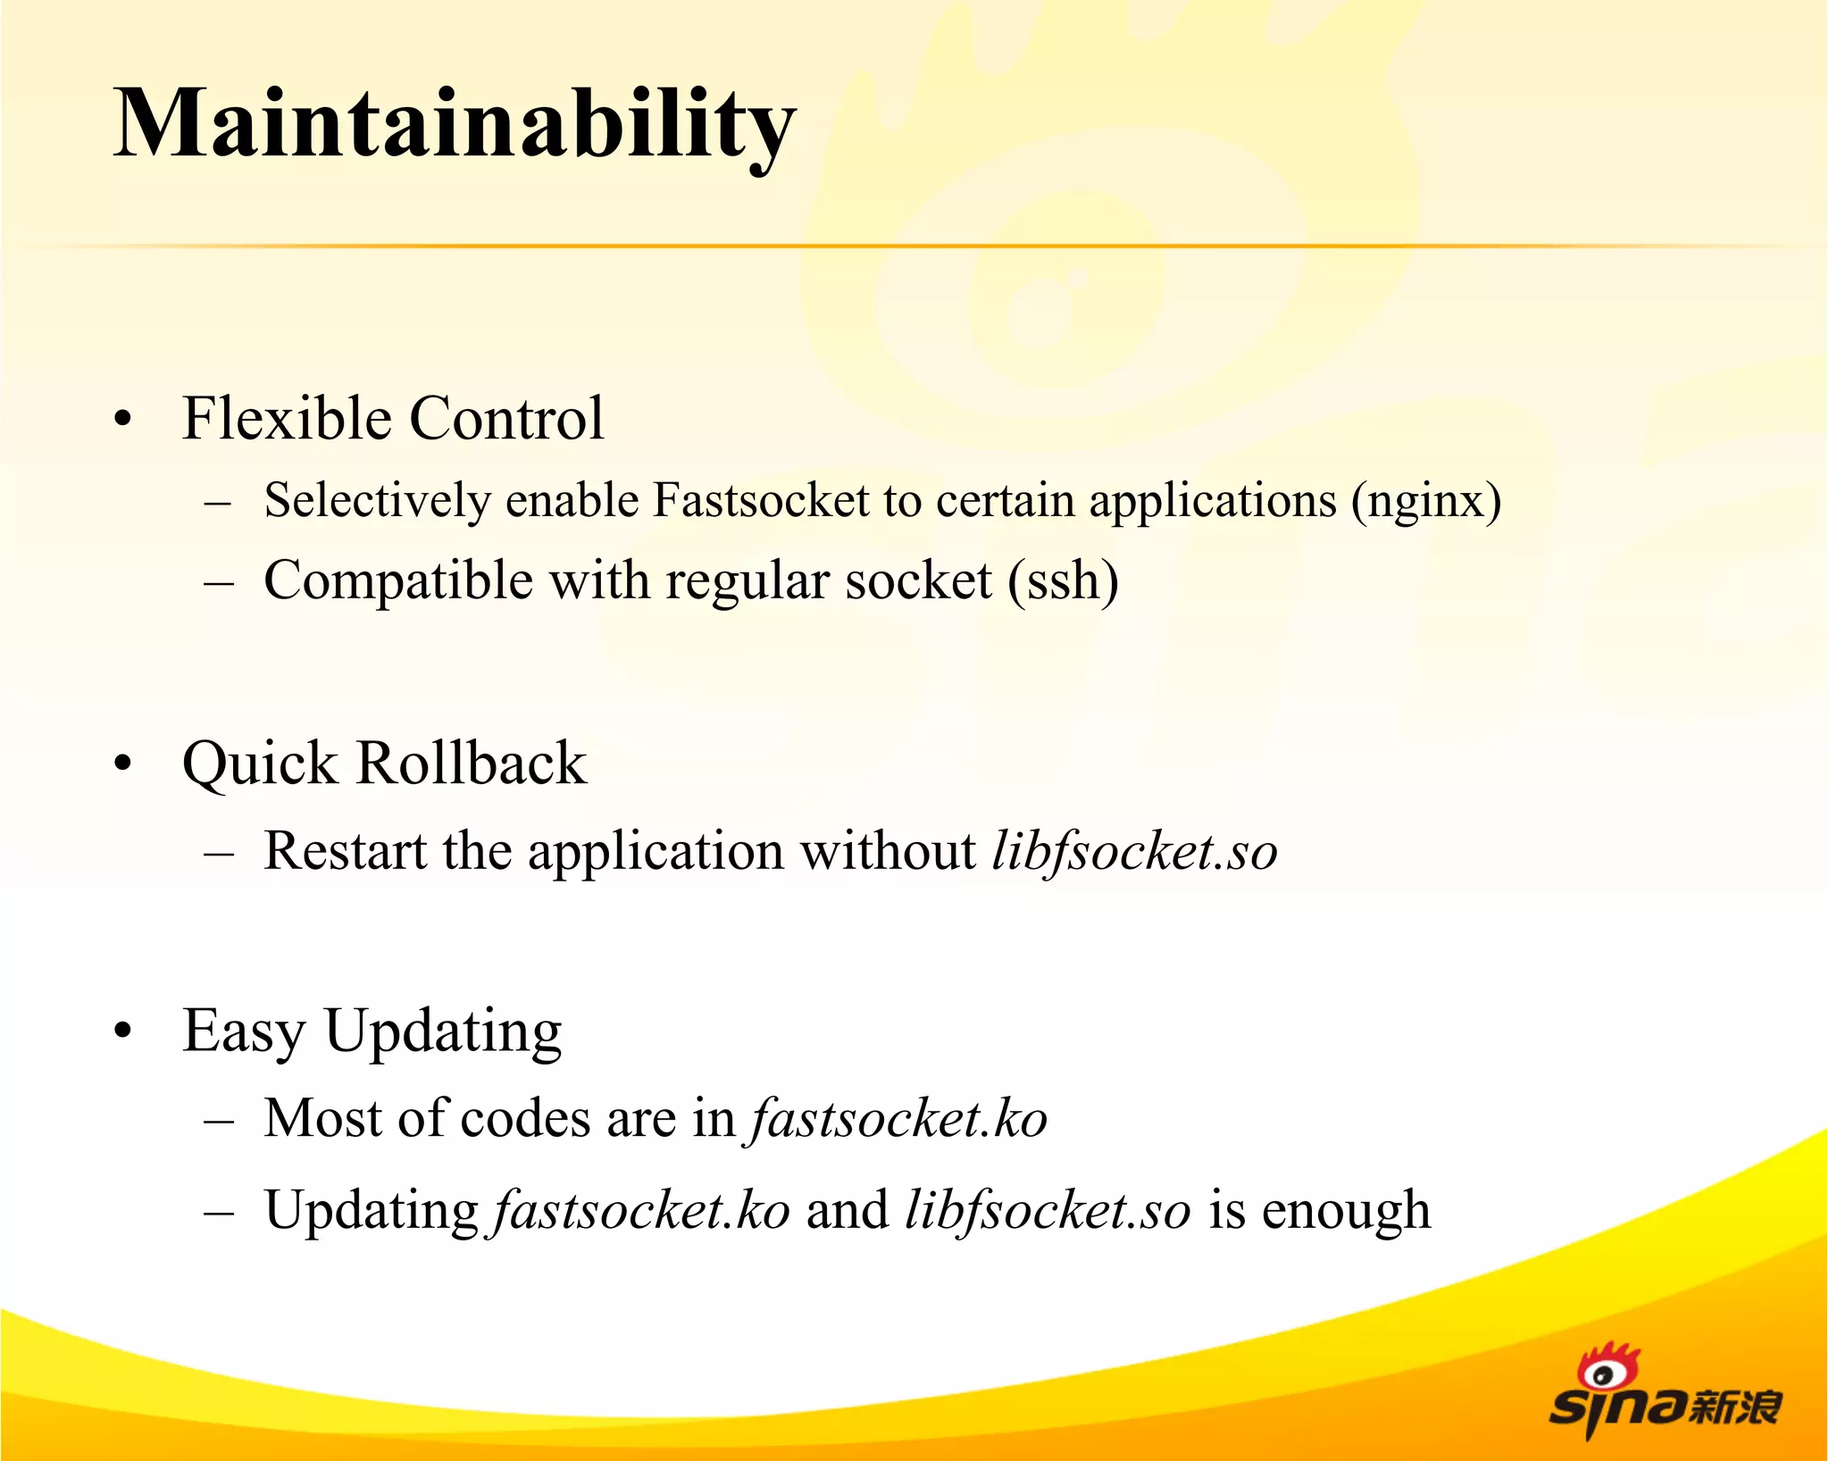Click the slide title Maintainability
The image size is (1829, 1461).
coord(454,125)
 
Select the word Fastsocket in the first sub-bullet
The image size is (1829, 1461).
coord(760,500)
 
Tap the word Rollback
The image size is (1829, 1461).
coord(472,764)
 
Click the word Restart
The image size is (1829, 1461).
coord(345,850)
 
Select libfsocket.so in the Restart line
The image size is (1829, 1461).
coord(1134,852)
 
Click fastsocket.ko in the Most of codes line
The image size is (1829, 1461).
coord(898,1120)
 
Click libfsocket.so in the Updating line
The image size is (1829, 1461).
coord(1048,1212)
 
